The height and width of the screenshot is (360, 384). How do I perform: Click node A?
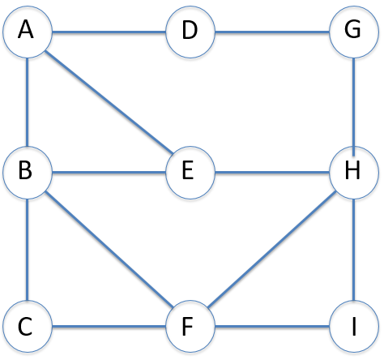28,32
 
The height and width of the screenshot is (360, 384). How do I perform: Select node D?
190,32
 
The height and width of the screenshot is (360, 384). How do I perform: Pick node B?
28,172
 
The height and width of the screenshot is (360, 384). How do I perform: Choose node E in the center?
190,172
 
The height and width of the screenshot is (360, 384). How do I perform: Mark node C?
28,328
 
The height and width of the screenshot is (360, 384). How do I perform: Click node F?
190,328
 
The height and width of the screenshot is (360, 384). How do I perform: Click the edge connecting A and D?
109,32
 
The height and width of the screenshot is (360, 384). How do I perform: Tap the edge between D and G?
272,32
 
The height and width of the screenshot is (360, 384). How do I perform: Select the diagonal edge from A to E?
109,102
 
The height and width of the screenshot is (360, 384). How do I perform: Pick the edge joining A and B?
28,102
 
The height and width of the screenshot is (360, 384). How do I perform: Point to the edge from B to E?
109,172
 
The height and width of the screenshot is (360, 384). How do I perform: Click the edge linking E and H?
272,172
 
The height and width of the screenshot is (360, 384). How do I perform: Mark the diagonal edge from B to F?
109,251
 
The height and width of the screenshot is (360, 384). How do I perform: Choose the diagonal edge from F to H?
272,251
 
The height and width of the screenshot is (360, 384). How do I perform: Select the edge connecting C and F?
109,328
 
